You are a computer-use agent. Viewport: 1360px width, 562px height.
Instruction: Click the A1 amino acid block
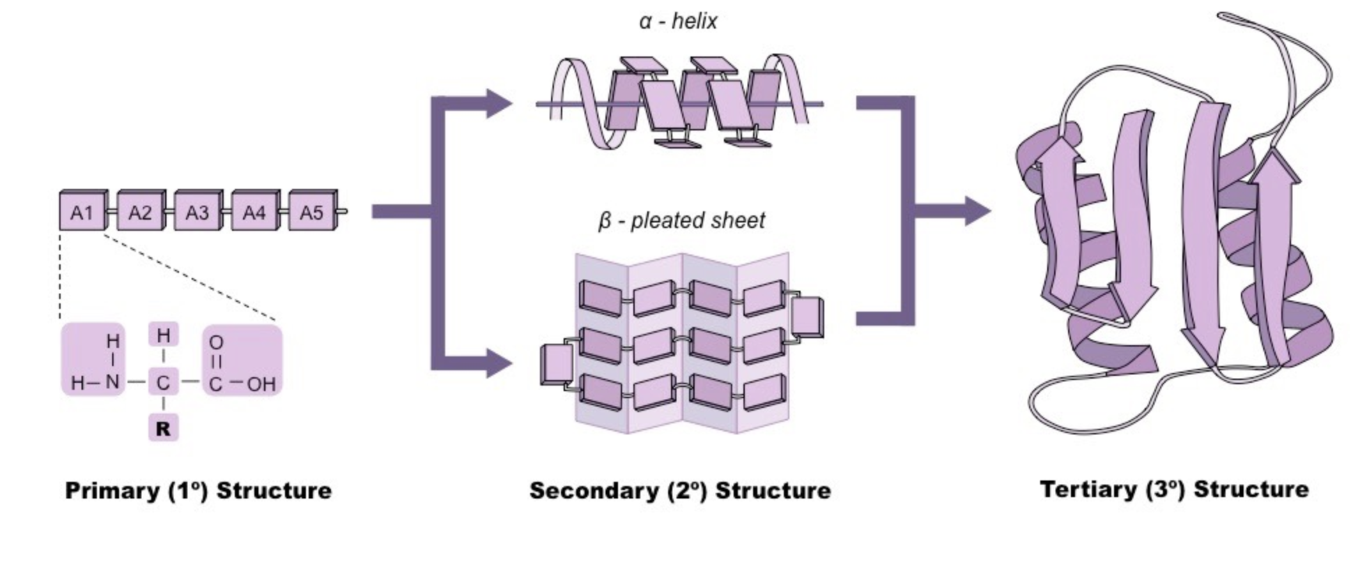click(x=82, y=212)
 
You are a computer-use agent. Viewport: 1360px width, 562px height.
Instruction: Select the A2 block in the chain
click(x=139, y=212)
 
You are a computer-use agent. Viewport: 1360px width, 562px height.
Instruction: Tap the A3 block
click(x=196, y=212)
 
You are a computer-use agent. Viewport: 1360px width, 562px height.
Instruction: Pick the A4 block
click(x=254, y=212)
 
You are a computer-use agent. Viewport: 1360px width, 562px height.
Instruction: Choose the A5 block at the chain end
click(x=311, y=212)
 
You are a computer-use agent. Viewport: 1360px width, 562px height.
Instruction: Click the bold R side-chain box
click(x=163, y=428)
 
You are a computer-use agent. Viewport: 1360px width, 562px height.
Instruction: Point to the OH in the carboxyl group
click(x=261, y=383)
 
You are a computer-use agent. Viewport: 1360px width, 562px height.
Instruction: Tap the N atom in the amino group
click(x=112, y=383)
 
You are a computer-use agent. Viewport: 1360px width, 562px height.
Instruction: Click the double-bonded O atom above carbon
click(x=216, y=342)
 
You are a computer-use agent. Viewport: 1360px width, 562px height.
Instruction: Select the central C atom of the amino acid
click(x=163, y=383)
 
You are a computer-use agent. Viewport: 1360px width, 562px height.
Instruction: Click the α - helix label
click(x=678, y=22)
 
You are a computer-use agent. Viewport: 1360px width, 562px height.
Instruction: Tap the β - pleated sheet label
click(x=681, y=221)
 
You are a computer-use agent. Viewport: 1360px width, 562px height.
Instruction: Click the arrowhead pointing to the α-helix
click(x=499, y=104)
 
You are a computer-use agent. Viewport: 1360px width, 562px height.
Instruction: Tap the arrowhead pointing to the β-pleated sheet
click(x=499, y=363)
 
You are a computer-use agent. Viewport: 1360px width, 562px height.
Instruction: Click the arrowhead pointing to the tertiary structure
click(x=976, y=211)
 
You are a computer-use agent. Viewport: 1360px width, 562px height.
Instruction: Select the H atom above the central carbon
click(x=163, y=336)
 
